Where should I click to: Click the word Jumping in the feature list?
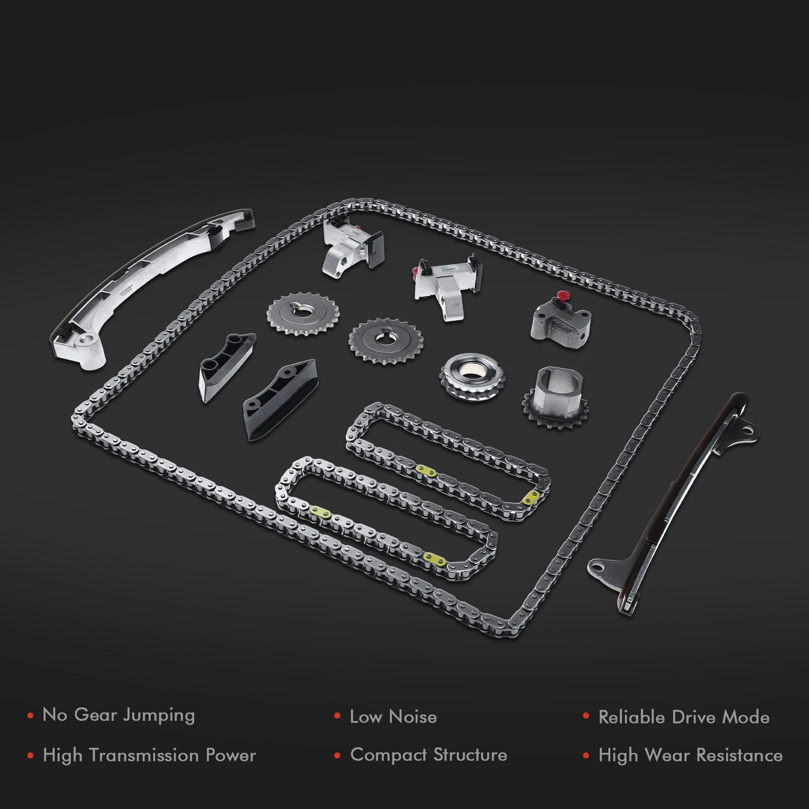(159, 715)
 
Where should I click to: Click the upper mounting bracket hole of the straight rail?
(746, 430)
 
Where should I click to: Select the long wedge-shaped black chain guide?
(279, 399)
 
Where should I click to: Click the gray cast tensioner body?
(562, 319)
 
